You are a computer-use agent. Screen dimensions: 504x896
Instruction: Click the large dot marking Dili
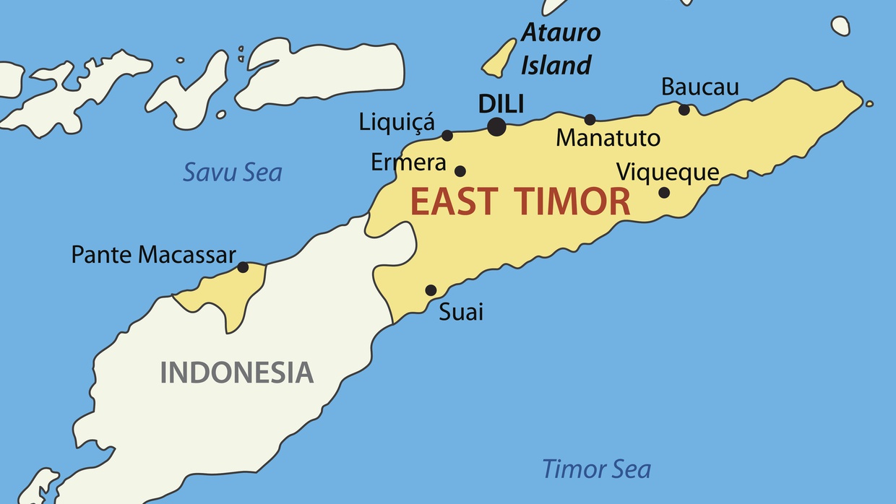(496, 127)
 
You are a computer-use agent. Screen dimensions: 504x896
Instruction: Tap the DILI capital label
(501, 104)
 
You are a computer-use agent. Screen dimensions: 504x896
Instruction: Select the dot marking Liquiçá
(447, 135)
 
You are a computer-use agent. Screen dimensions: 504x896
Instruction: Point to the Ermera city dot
(460, 171)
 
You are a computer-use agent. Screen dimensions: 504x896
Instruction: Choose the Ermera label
(408, 163)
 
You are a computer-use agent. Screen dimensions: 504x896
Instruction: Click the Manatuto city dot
(590, 120)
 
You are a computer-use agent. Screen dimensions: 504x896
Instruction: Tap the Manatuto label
(608, 138)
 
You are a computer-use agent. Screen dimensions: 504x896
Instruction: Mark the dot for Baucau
(684, 110)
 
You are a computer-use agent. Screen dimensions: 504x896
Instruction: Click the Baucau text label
(699, 87)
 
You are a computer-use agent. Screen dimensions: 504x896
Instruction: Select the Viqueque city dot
(664, 192)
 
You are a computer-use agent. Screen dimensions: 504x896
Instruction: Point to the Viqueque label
(667, 173)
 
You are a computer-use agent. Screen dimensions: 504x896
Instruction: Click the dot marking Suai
(431, 290)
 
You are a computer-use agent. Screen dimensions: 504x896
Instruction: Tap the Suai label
(461, 312)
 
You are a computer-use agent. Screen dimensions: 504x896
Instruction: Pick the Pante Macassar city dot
(243, 267)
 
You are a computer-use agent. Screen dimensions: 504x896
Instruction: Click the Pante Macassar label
(153, 254)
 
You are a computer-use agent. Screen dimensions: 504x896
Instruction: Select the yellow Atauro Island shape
(499, 59)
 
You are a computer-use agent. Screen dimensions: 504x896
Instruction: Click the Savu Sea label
(232, 173)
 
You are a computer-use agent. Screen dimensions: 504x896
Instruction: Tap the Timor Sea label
(596, 469)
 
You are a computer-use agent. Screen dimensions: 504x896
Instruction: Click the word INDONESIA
(236, 373)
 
